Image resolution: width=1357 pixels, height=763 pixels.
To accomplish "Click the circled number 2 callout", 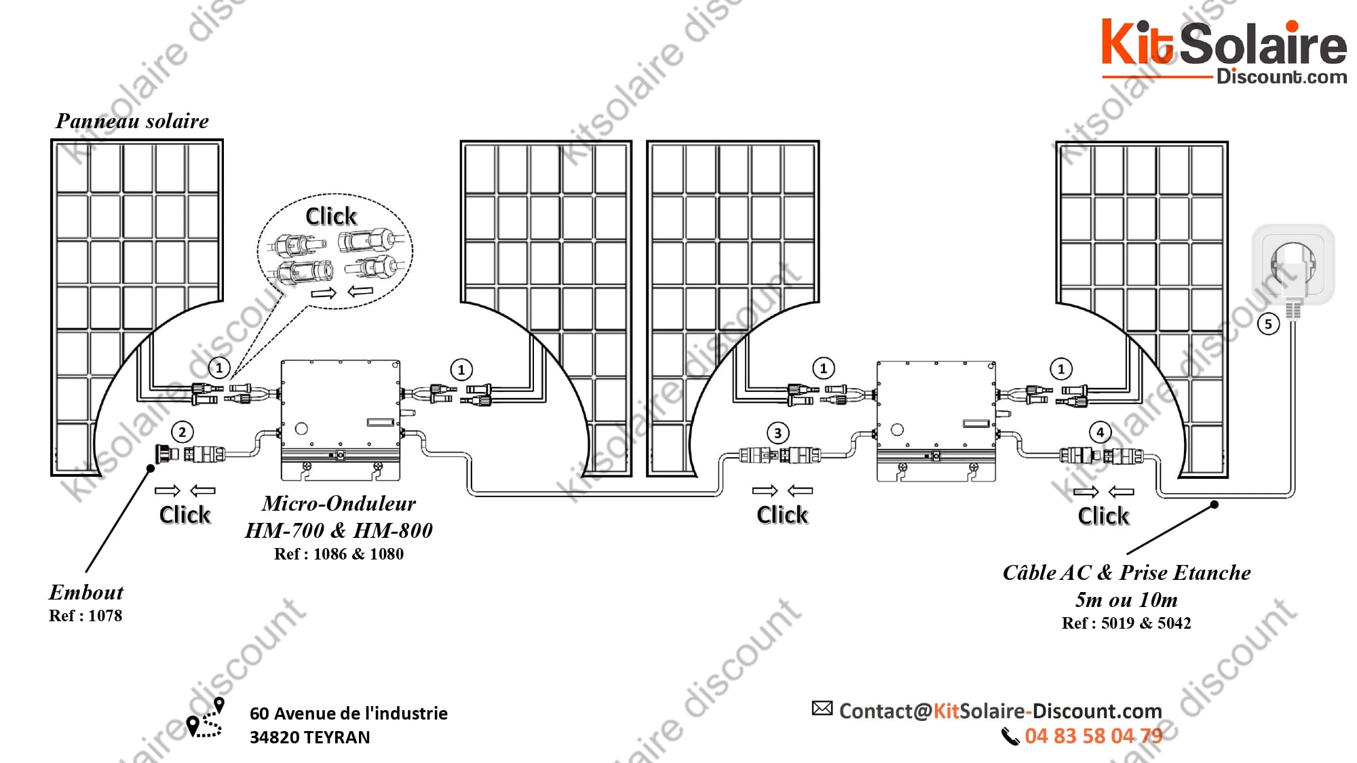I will (x=182, y=432).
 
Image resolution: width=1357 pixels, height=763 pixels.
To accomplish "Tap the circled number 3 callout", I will (x=778, y=433).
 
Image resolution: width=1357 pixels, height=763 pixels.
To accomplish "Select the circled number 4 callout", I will (x=1100, y=432).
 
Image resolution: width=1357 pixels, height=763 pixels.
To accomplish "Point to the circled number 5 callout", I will (x=1268, y=324).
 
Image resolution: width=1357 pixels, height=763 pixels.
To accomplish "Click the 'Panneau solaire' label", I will (x=132, y=121).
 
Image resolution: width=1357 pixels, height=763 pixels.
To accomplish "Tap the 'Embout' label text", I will (x=86, y=592).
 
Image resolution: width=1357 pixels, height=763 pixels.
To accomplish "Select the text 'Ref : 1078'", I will (x=85, y=616).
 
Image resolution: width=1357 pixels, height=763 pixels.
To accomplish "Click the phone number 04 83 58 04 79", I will (x=1093, y=736).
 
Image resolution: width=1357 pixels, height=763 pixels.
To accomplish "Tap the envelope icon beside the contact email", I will (x=822, y=709).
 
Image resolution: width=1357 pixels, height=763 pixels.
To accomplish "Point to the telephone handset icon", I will (x=1010, y=737).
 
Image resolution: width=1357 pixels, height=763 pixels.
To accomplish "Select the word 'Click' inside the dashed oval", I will (x=331, y=216).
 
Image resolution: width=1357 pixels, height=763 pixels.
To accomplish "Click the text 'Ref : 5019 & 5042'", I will (x=1126, y=623).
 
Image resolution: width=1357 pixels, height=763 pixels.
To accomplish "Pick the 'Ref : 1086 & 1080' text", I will (x=339, y=554).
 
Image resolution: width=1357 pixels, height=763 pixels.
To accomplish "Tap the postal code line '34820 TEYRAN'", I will (x=310, y=737).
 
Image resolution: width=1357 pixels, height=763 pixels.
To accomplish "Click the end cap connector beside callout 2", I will (x=166, y=453).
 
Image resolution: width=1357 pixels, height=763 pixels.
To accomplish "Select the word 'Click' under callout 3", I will (x=782, y=515).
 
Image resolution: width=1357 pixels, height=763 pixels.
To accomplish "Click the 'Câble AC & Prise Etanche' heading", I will (x=1126, y=572).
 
